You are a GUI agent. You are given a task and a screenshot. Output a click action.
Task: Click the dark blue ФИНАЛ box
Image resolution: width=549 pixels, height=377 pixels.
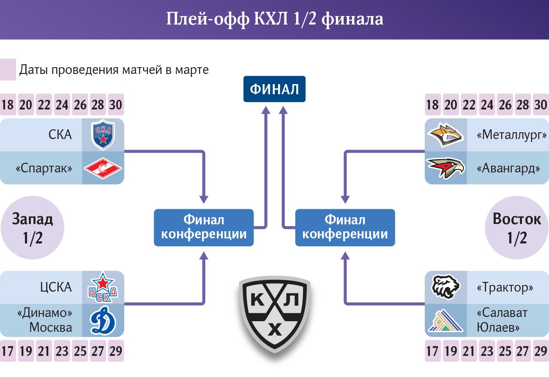(x=274, y=89)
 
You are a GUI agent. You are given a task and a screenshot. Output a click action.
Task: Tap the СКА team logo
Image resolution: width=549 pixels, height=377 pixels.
(x=103, y=135)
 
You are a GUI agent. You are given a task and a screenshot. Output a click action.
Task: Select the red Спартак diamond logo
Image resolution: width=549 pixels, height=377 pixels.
(x=103, y=168)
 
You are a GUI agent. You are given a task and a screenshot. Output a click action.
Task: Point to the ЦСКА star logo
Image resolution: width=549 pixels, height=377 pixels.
(x=103, y=287)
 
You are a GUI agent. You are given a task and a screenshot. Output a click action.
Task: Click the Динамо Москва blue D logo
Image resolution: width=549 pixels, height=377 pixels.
(x=103, y=321)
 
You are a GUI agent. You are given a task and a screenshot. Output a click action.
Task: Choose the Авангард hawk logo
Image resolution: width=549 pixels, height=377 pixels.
(x=445, y=168)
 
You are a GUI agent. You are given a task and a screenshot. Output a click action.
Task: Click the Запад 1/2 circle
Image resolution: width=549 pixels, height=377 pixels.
(x=33, y=229)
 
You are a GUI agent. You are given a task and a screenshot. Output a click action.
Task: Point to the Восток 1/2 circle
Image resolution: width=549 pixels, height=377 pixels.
(x=516, y=229)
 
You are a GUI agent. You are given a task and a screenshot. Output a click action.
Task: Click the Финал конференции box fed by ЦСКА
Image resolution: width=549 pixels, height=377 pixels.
(x=204, y=227)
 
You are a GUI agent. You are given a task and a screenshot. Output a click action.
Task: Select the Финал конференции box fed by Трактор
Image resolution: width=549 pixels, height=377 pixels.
(x=345, y=227)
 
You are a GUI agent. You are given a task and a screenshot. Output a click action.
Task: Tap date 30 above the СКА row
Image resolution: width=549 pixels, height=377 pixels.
(x=116, y=104)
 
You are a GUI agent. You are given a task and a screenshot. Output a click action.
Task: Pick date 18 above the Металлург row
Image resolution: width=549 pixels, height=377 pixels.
(x=433, y=104)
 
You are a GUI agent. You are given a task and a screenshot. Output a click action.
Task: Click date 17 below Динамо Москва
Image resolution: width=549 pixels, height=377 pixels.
(x=7, y=351)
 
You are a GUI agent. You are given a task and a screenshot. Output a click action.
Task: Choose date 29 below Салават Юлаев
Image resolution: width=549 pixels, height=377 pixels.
(x=541, y=351)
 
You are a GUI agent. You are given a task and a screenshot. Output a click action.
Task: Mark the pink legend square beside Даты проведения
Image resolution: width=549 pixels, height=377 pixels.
(x=8, y=70)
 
